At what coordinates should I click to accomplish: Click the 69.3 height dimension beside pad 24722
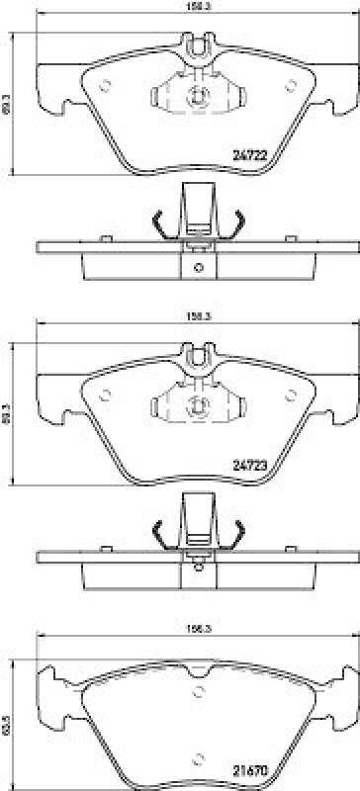9,100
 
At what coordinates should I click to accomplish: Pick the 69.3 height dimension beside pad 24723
9,408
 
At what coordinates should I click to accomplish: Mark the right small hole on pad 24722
290,85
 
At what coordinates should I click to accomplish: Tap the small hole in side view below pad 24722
197,267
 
